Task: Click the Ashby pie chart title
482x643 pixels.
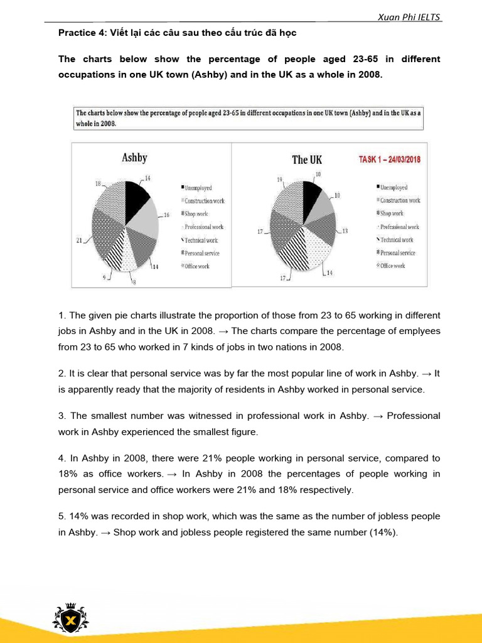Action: pyautogui.click(x=134, y=158)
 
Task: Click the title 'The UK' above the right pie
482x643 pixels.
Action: pyautogui.click(x=307, y=159)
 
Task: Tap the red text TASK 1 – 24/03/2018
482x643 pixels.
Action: pyautogui.click(x=389, y=159)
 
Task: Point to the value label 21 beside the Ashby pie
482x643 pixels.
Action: pyautogui.click(x=80, y=240)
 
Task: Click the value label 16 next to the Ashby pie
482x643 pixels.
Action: pyautogui.click(x=166, y=215)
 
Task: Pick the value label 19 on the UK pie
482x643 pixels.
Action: pyautogui.click(x=280, y=180)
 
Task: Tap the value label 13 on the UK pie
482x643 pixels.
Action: pyautogui.click(x=345, y=231)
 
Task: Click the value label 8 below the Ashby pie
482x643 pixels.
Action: pyautogui.click(x=133, y=283)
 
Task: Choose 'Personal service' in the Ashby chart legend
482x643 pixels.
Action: pyautogui.click(x=201, y=253)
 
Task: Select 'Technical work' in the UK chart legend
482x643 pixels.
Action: pyautogui.click(x=396, y=240)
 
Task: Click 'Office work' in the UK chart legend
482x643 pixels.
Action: pyautogui.click(x=392, y=266)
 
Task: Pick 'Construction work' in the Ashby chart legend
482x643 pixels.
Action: pyautogui.click(x=204, y=201)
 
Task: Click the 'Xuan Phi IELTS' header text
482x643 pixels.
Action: pyautogui.click(x=410, y=17)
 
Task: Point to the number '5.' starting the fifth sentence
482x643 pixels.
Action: pyautogui.click(x=62, y=516)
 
